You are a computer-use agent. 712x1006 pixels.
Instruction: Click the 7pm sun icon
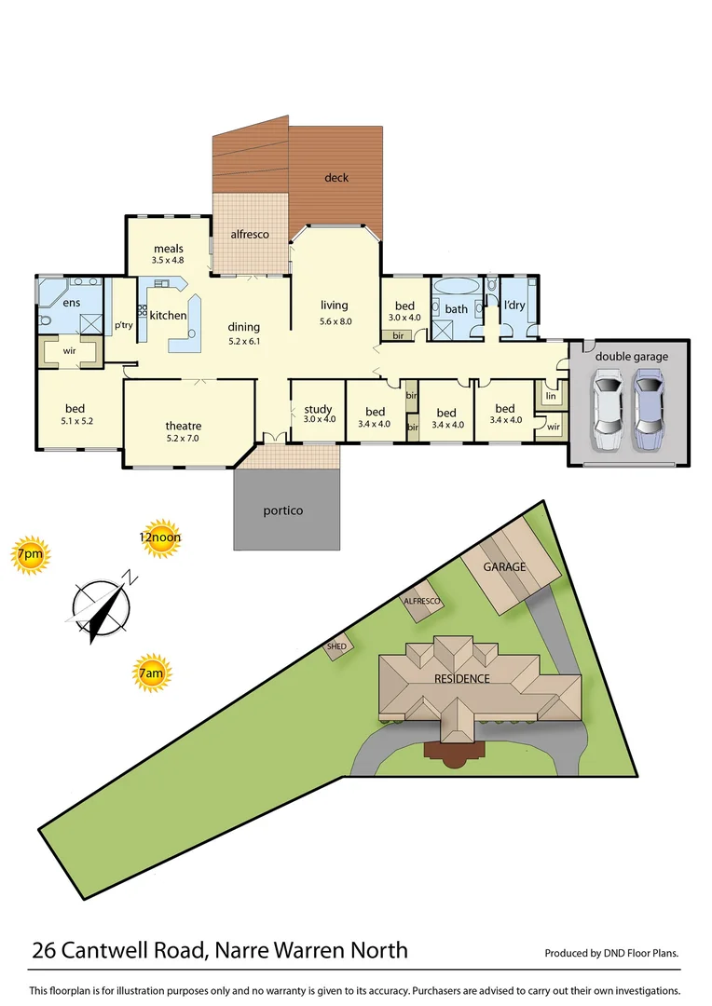click(29, 555)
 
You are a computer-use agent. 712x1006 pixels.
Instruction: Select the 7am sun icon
click(153, 672)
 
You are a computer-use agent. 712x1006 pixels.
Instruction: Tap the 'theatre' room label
click(183, 426)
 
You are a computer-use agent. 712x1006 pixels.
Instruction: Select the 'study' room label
click(318, 409)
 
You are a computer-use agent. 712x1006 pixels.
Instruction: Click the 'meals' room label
click(169, 249)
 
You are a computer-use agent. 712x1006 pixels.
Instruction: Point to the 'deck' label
click(336, 177)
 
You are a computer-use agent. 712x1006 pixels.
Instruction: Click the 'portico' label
click(283, 510)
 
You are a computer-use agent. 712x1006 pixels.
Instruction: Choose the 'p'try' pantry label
click(123, 325)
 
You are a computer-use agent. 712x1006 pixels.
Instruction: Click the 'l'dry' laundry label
click(514, 305)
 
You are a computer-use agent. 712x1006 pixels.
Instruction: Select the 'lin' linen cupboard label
click(550, 396)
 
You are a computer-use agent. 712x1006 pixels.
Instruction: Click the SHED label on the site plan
click(336, 646)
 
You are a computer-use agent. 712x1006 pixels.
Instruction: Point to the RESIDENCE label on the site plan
click(462, 678)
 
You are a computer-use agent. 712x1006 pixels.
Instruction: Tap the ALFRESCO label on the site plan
click(421, 602)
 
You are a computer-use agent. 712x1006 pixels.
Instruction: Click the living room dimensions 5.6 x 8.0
click(334, 321)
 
